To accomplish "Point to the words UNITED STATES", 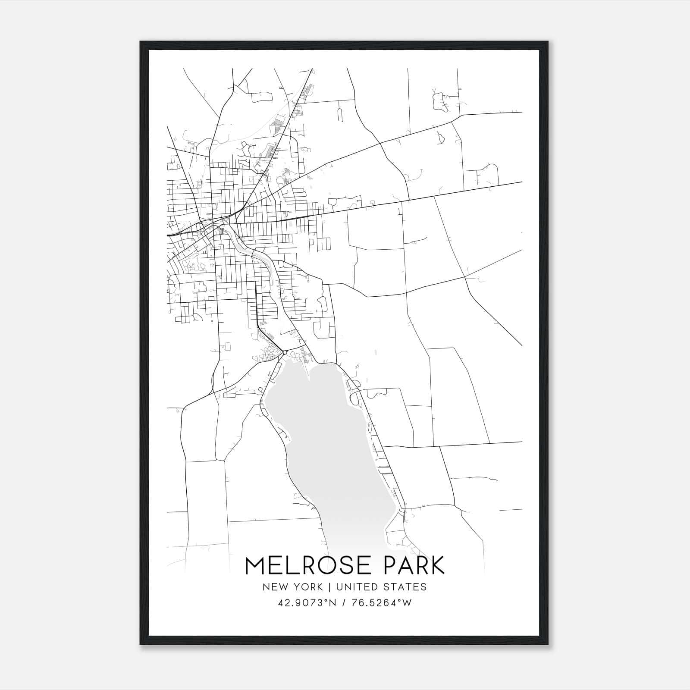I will click(381, 587).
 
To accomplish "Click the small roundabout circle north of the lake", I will click(285, 353).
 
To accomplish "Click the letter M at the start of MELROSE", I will click(255, 566).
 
